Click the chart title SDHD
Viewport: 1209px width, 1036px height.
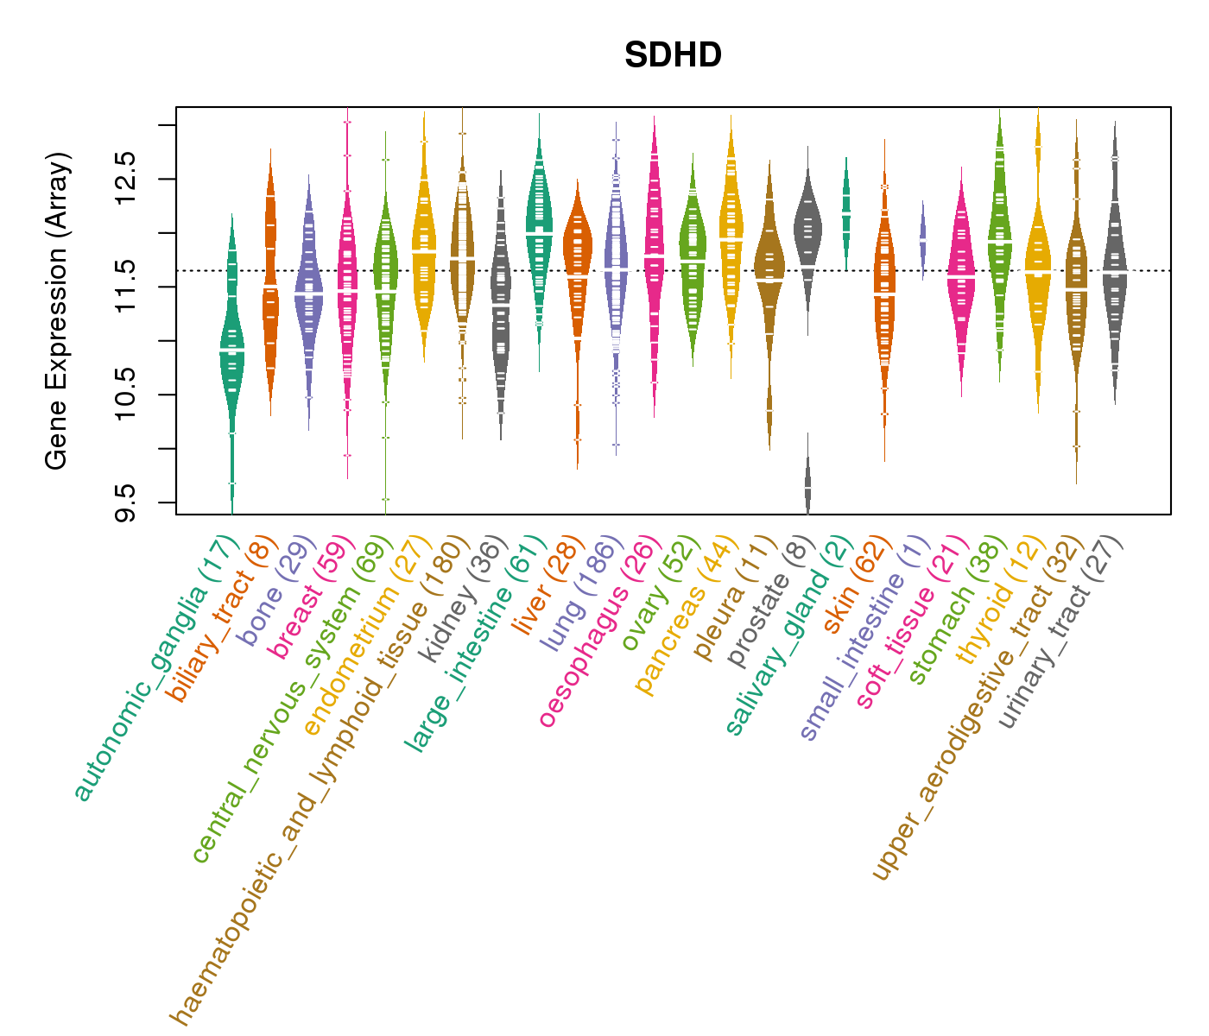tap(673, 55)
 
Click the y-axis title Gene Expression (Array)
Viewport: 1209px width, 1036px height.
tap(57, 312)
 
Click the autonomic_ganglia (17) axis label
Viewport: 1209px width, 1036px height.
tap(156, 670)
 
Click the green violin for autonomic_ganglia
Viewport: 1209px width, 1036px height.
tap(231, 354)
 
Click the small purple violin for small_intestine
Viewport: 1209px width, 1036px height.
tap(923, 237)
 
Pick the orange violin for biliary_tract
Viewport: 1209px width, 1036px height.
tap(270, 285)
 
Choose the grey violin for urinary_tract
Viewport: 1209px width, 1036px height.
tap(1115, 268)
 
